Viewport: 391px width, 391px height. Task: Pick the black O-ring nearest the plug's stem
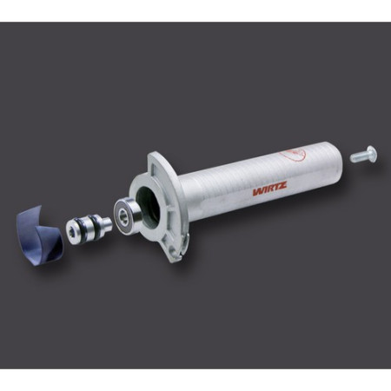[95, 225]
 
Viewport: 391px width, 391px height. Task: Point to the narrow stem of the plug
[103, 222]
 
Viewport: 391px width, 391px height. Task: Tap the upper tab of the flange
[155, 163]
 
